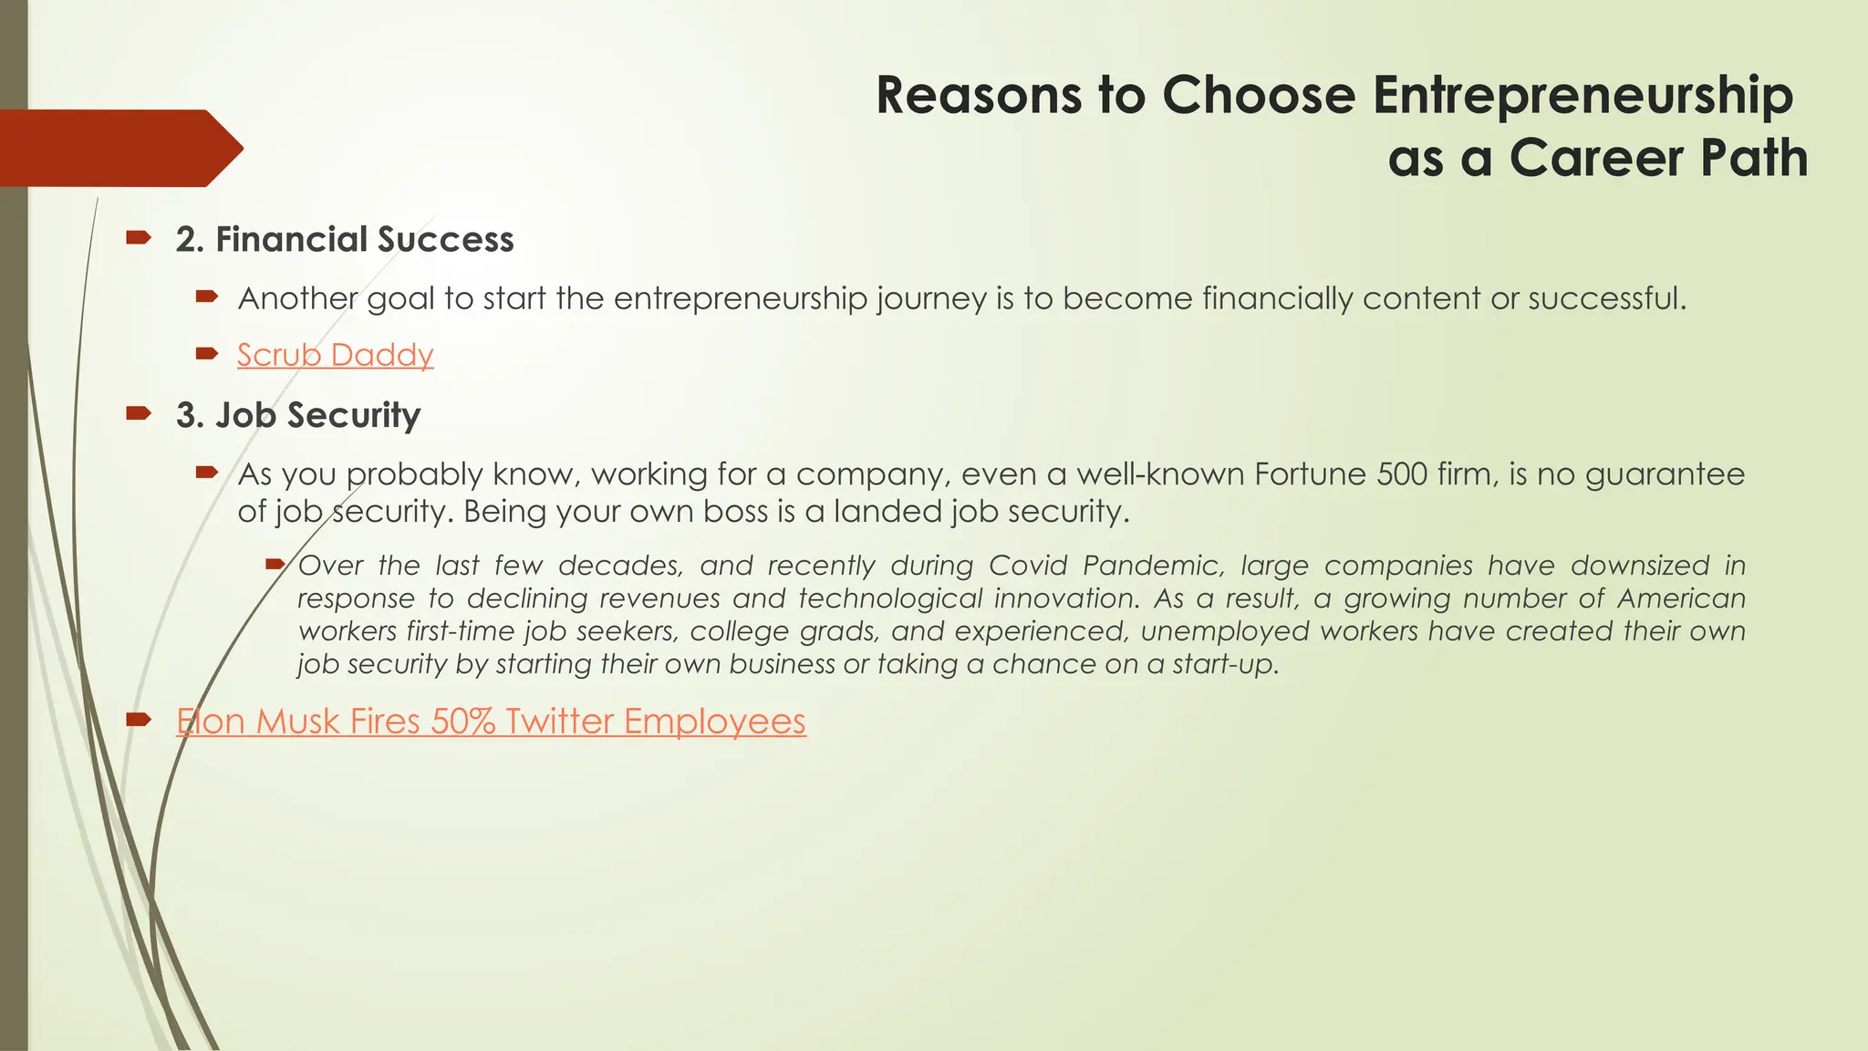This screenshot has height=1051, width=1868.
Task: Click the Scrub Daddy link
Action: (x=335, y=355)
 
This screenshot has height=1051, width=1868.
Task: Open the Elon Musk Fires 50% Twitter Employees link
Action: (x=491, y=722)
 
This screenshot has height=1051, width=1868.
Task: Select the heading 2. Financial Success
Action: (x=345, y=240)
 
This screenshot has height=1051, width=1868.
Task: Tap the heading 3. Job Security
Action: (x=298, y=415)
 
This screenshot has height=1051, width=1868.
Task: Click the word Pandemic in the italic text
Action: (x=1153, y=566)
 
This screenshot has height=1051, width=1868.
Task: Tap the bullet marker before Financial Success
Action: (x=138, y=239)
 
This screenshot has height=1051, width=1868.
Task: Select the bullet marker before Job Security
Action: (x=138, y=414)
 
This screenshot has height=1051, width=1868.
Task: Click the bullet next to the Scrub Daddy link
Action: (x=207, y=354)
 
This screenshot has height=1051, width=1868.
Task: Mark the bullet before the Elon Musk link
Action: (x=138, y=721)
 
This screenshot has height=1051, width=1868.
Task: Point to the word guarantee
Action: (x=1665, y=474)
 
